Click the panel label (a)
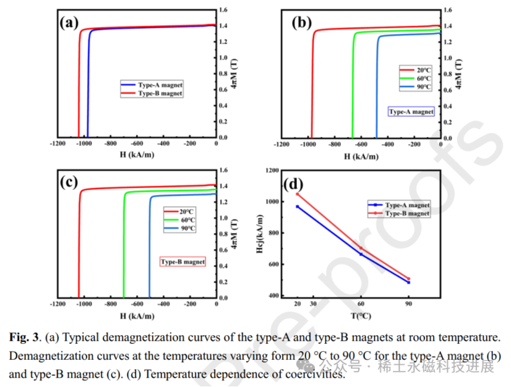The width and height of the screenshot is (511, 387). tap(69, 23)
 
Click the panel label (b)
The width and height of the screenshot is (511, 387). tap(302, 23)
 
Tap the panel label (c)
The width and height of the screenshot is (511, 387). tap(69, 182)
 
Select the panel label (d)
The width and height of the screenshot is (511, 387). tap(292, 184)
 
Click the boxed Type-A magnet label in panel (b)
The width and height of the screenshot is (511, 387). tap(411, 112)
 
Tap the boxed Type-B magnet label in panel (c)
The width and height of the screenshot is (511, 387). tap(182, 262)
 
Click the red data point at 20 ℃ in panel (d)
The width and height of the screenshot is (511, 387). tap(298, 194)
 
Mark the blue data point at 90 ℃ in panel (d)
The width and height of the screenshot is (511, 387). tap(408, 283)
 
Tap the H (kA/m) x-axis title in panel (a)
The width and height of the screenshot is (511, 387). tap(137, 155)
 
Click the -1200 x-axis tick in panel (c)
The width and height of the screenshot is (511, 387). tap(59, 304)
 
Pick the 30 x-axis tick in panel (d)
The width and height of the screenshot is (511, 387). tap(313, 304)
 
